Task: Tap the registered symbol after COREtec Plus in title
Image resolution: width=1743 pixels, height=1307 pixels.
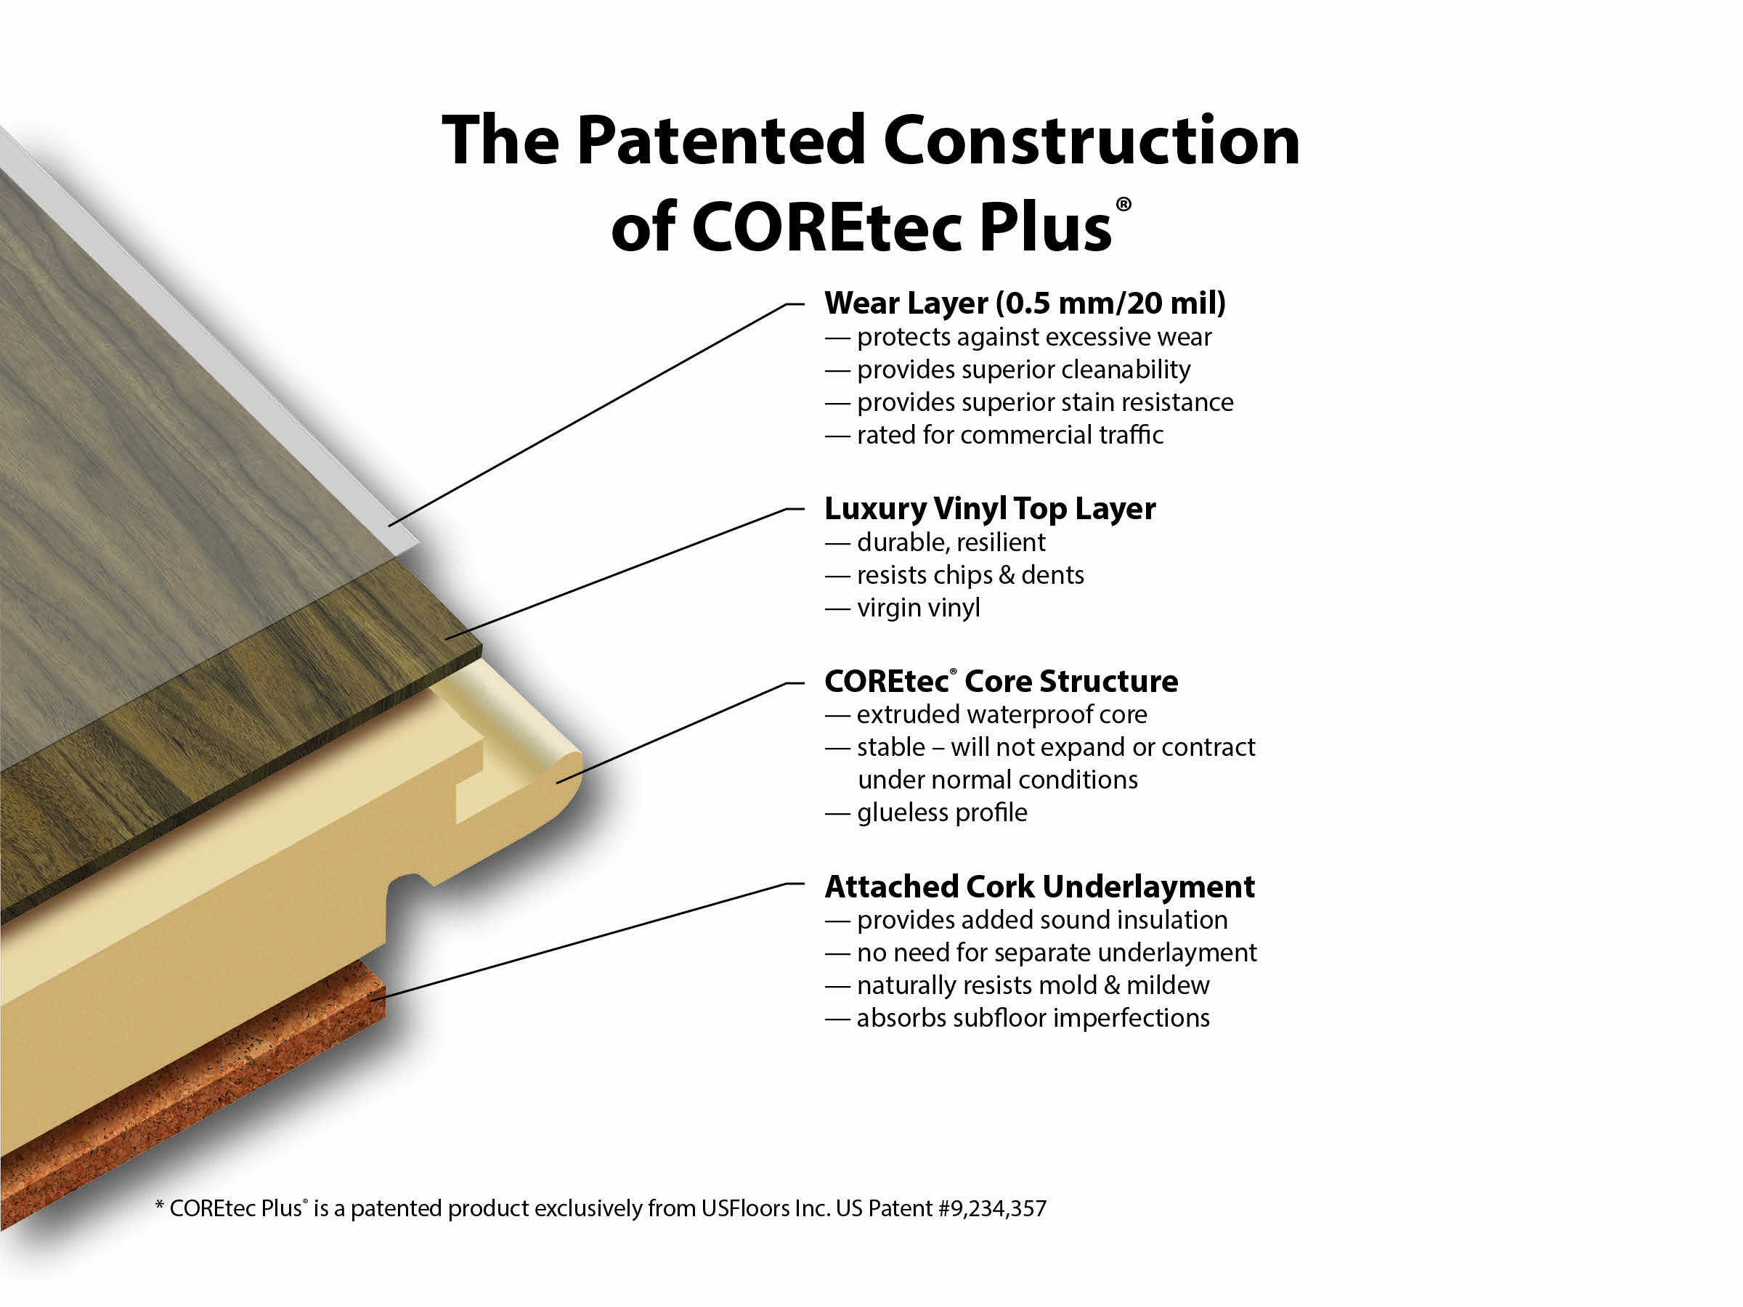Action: pyautogui.click(x=1123, y=205)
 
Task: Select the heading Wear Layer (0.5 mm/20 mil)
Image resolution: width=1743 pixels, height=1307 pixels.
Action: pyautogui.click(x=1024, y=304)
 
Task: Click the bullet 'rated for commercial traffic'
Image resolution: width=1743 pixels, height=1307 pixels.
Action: pyautogui.click(x=1009, y=435)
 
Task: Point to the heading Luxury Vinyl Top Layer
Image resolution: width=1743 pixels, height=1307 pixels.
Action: pyautogui.click(x=990, y=509)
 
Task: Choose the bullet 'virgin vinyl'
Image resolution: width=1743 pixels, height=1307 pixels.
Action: pyautogui.click(x=918, y=608)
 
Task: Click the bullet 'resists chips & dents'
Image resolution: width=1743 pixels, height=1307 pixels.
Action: pyautogui.click(x=970, y=575)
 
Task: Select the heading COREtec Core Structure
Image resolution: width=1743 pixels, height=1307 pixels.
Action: pyautogui.click(x=1001, y=682)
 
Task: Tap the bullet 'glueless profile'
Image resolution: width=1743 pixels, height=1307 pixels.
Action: pyautogui.click(x=942, y=813)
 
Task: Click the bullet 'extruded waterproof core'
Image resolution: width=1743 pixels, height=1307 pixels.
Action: pyautogui.click(x=1001, y=714)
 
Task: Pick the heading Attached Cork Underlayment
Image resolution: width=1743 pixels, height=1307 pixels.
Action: pyautogui.click(x=1039, y=887)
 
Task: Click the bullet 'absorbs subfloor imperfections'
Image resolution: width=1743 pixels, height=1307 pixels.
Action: pyautogui.click(x=1032, y=1018)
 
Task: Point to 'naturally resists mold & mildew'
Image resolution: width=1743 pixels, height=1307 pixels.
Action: pyautogui.click(x=1032, y=985)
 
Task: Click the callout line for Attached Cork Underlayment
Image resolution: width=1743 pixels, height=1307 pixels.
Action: pyautogui.click(x=583, y=942)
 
